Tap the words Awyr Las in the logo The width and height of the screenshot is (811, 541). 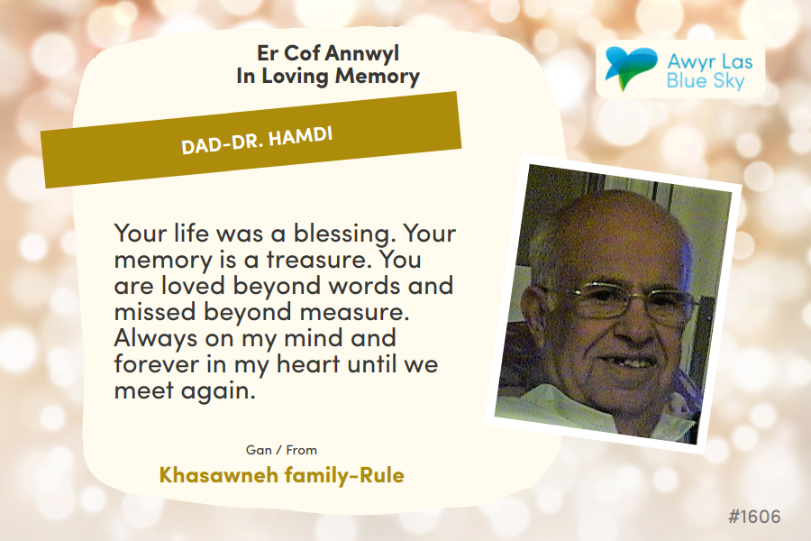[710, 61]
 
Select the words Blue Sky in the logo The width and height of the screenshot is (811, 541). [706, 81]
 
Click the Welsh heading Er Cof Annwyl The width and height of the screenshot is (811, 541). [328, 53]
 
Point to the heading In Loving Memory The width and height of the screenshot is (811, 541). [328, 76]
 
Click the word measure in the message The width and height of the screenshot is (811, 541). [354, 312]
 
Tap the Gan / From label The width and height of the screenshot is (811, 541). [281, 450]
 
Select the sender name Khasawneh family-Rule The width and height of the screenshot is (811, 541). [281, 475]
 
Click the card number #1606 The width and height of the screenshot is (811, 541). [754, 517]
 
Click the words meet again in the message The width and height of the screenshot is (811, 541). [185, 390]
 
